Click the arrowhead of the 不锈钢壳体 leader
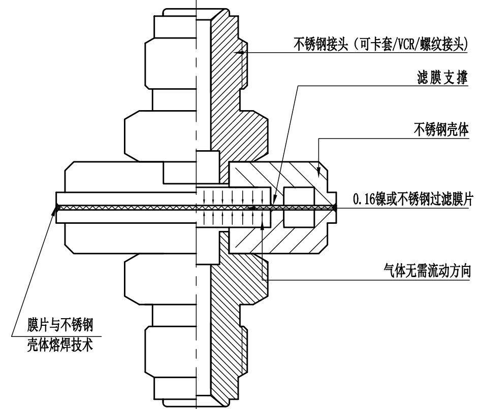click(319, 175)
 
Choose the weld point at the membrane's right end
click(335, 207)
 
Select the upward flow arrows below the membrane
click(232, 217)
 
